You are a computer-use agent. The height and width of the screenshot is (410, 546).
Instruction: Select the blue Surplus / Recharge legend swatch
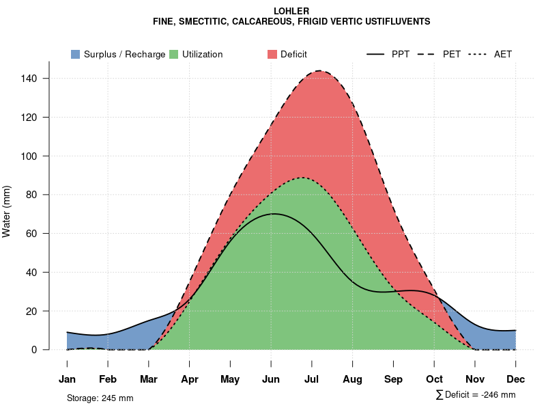pos(76,54)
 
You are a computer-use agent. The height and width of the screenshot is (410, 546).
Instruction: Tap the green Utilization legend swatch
pos(174,54)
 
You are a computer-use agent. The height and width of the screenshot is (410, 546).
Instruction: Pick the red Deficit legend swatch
pos(272,54)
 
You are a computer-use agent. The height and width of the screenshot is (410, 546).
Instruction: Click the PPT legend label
pos(401,54)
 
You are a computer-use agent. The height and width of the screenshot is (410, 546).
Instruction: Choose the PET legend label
pos(451,54)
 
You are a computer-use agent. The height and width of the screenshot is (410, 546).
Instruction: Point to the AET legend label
pos(503,54)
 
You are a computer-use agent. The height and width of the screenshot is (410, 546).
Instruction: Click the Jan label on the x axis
pos(67,379)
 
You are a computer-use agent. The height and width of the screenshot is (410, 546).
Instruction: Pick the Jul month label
pos(312,379)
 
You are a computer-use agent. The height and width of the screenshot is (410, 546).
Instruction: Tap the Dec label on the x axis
pos(516,379)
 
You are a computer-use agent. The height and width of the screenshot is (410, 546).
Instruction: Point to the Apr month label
pos(190,379)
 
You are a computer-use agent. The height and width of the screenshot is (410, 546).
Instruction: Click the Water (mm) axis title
pos(7,211)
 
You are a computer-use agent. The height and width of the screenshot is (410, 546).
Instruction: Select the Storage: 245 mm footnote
pos(100,398)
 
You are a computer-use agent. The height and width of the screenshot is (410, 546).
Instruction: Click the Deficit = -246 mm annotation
pos(480,395)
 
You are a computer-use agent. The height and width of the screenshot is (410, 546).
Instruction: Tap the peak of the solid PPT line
pos(274,214)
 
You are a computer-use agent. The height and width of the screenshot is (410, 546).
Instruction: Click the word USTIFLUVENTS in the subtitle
pos(397,22)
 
